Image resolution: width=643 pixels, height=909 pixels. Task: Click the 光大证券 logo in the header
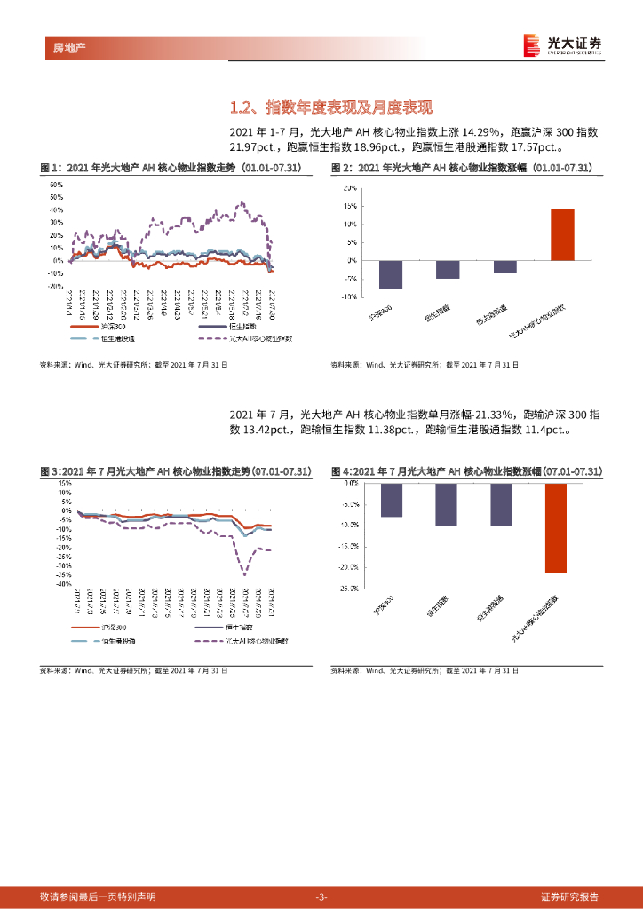pyautogui.click(x=563, y=44)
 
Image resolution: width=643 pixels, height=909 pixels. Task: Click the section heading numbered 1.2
pyautogui.click(x=330, y=108)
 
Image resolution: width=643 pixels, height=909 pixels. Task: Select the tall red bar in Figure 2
pyautogui.click(x=562, y=234)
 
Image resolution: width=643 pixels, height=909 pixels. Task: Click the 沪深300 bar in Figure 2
pyautogui.click(x=391, y=274)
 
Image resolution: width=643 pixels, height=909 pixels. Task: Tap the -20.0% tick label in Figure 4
pyautogui.click(x=347, y=567)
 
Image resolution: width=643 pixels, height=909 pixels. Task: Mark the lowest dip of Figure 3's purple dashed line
pyautogui.click(x=243, y=573)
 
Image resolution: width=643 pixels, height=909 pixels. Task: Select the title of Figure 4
pyautogui.click(x=467, y=470)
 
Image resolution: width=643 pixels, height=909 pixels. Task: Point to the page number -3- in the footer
pyautogui.click(x=321, y=897)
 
